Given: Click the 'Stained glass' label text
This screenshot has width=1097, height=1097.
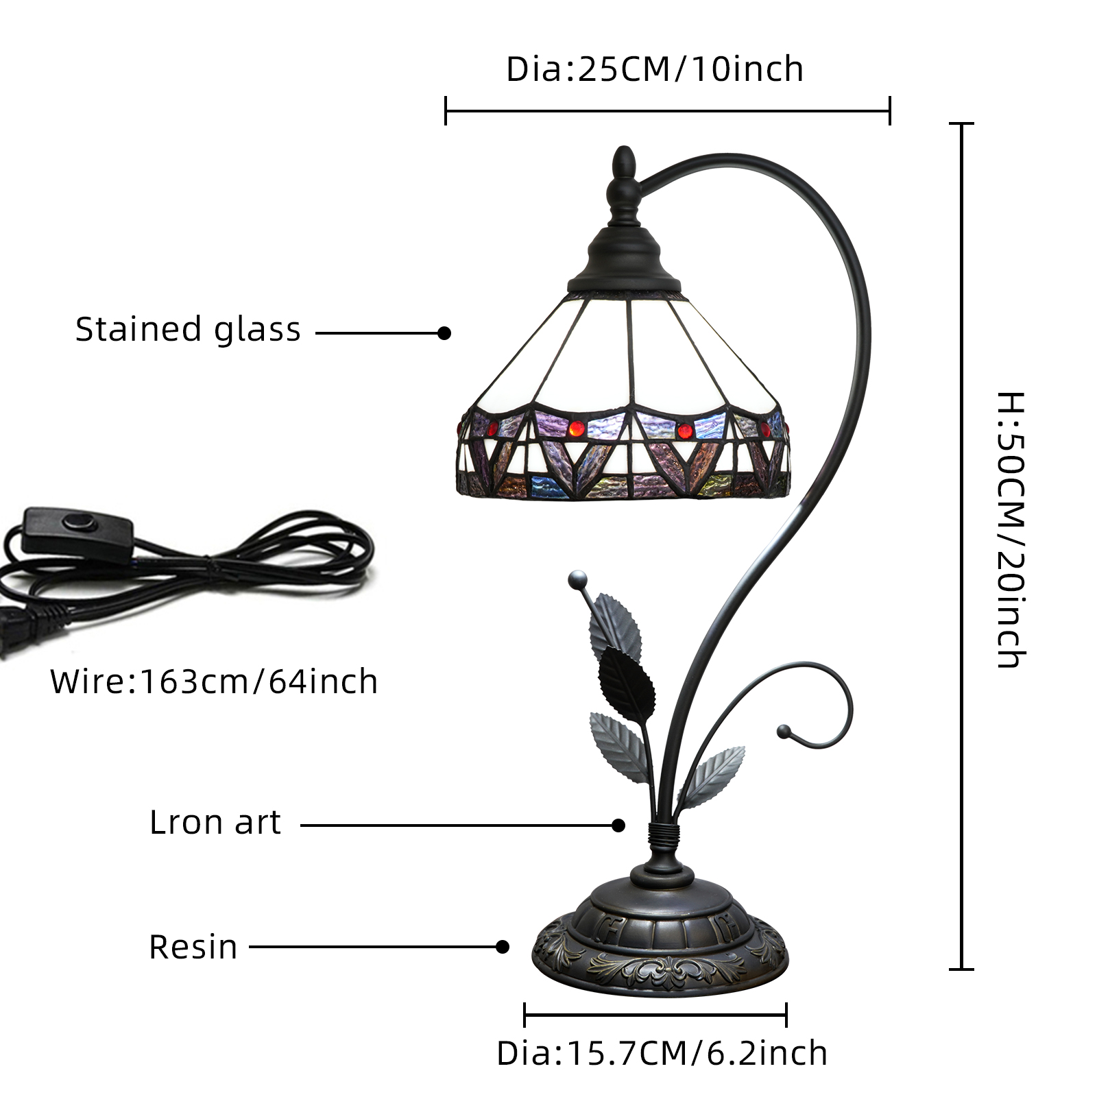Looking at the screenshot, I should [188, 330].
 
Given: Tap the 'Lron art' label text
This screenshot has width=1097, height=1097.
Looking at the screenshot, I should [215, 822].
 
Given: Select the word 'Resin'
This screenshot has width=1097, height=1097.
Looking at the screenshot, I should [193, 947].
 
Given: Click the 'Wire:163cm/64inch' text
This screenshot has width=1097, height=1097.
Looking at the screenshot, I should [214, 682].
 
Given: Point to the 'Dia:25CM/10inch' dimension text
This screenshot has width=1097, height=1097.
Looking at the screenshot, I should [655, 69].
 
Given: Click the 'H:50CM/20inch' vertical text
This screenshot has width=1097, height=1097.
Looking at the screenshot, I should [1011, 529].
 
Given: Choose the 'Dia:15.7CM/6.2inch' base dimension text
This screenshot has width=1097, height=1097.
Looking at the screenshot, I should [662, 1054].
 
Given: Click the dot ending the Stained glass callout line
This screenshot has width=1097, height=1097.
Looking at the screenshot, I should [444, 333].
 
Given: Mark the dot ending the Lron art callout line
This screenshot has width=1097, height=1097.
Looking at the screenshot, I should [618, 825].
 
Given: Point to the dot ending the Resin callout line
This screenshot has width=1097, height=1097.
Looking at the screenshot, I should [503, 947].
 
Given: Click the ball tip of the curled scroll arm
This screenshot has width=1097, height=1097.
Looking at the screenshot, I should [783, 732].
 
